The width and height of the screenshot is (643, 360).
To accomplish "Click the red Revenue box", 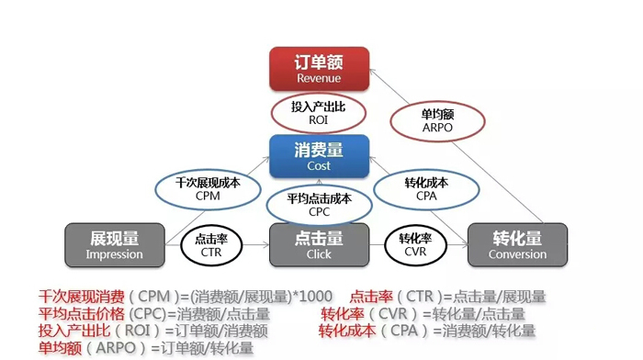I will (x=319, y=69).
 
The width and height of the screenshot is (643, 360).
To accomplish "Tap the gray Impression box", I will (x=115, y=245).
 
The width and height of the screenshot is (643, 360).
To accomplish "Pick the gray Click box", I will (x=319, y=245).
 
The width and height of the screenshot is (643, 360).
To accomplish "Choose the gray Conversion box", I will (x=517, y=245).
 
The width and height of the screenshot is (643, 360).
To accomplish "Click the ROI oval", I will (x=319, y=114).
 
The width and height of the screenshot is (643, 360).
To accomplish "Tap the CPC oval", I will (x=319, y=203).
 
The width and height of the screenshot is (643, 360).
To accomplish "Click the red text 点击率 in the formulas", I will (x=372, y=297).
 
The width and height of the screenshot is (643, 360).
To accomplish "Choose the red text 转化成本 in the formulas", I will (x=347, y=331).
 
